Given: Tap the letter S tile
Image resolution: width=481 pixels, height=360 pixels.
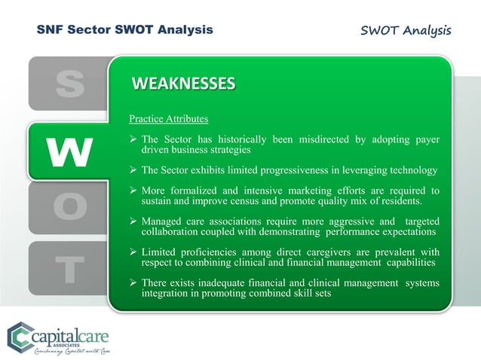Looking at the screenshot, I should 69,84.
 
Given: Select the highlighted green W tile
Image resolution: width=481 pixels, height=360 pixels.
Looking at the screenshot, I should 69,151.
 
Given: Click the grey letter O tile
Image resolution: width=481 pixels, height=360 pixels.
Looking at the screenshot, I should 69,207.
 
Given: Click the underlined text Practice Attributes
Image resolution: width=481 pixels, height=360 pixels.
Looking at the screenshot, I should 169,119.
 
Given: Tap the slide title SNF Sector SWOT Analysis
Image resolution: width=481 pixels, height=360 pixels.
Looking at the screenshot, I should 125,30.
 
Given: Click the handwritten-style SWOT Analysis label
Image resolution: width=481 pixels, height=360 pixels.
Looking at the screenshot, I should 406,31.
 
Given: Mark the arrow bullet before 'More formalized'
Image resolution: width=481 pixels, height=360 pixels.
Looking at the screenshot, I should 133,191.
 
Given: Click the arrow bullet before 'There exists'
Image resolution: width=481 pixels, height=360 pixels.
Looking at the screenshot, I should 133,283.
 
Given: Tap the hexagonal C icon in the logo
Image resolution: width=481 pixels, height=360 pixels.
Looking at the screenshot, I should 20,336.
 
